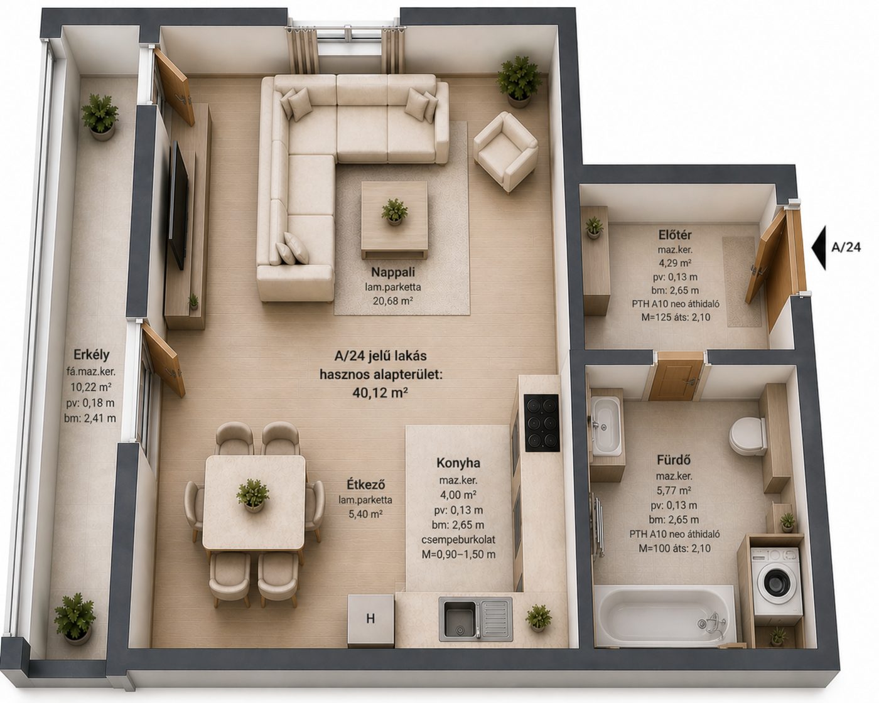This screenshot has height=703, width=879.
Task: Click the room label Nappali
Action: click(x=392, y=272)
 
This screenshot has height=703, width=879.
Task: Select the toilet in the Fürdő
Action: click(x=748, y=436)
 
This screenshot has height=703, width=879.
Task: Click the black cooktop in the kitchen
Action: click(x=542, y=422)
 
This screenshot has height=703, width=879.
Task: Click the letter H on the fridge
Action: click(x=370, y=618)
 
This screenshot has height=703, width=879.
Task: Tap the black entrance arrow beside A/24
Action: click(x=819, y=247)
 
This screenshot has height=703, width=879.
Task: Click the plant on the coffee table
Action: click(x=394, y=212)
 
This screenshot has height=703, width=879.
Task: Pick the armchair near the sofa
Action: click(x=505, y=152)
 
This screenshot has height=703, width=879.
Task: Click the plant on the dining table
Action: click(x=253, y=495)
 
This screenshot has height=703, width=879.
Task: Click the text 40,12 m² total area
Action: click(x=380, y=392)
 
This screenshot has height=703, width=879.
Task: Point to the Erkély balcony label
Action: click(x=92, y=355)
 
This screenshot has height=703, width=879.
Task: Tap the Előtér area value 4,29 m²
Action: click(x=675, y=262)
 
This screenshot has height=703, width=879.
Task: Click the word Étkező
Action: click(x=365, y=485)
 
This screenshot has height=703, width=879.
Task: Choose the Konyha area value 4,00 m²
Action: click(x=458, y=495)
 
